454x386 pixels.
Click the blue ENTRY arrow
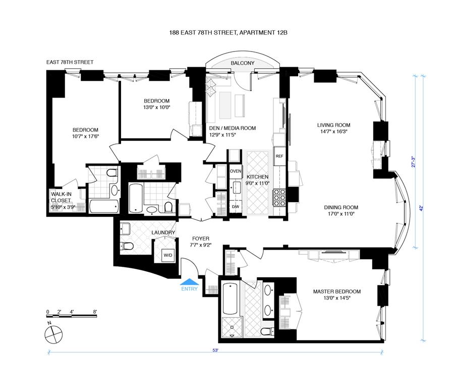click(190, 283)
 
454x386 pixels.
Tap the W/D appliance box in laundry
click(167, 255)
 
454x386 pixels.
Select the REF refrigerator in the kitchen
click(279, 156)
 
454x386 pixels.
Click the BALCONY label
click(242, 63)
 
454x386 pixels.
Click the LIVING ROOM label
click(333, 125)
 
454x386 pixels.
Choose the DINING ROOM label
click(342, 208)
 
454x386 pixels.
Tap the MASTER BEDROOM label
click(336, 292)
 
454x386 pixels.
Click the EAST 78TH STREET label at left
click(70, 62)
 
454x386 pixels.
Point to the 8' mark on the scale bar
click(94, 311)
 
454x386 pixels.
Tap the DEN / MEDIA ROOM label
click(232, 128)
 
